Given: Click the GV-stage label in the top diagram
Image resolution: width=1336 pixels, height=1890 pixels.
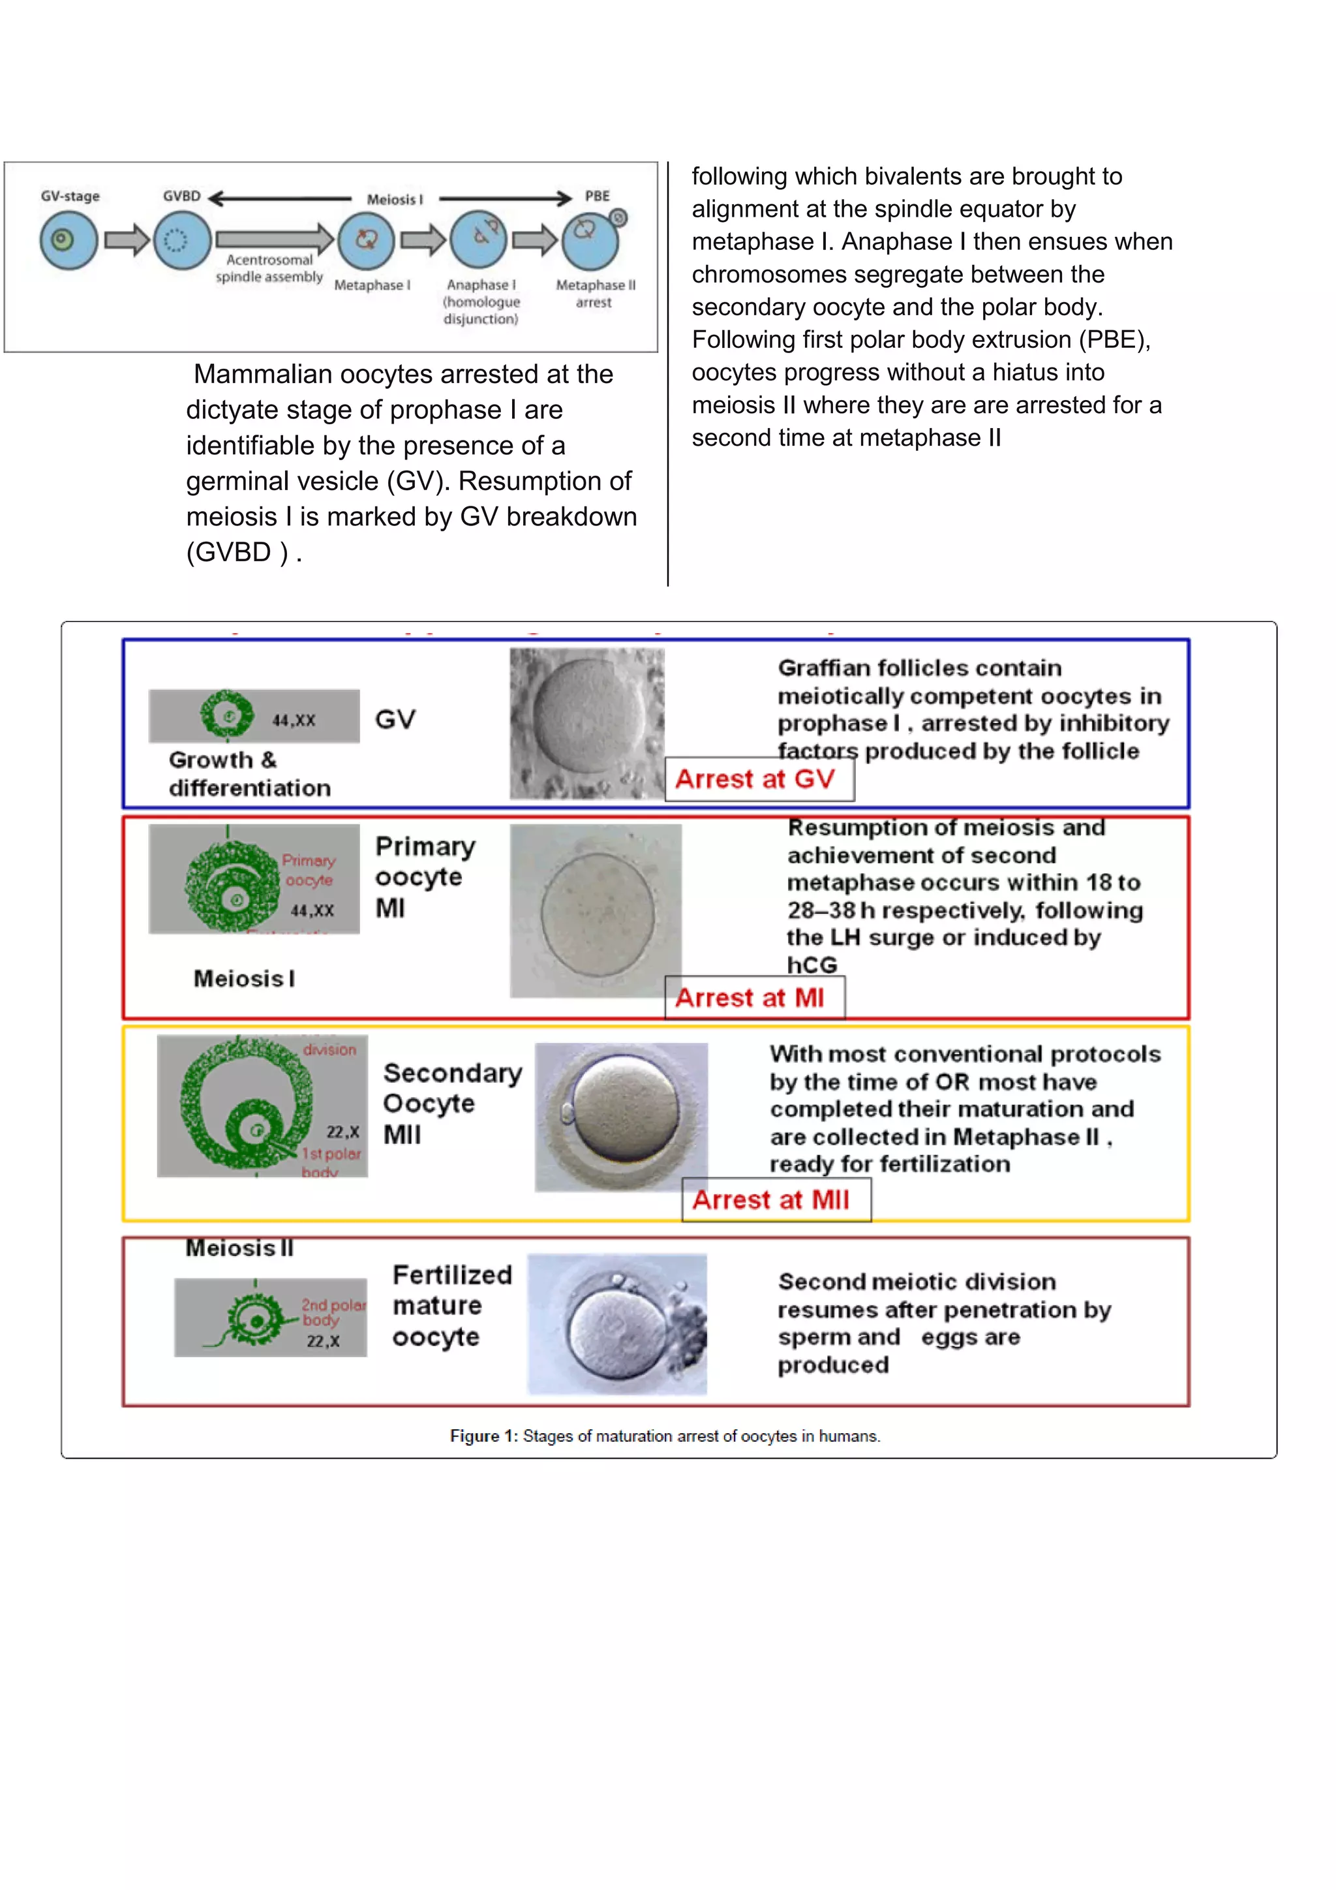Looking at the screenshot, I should tap(70, 196).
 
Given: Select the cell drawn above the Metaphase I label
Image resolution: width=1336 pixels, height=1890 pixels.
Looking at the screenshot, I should tap(366, 240).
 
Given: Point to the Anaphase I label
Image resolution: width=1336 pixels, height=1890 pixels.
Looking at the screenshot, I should tap(481, 285).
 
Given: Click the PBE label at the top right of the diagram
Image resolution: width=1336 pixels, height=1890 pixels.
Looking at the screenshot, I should tap(598, 196).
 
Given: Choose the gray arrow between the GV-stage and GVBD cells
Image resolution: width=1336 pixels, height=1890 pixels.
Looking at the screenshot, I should tap(127, 240).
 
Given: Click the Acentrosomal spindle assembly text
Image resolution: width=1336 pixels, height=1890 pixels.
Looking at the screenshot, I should tap(269, 268).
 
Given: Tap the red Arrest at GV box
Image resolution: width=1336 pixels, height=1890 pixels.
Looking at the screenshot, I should tap(759, 779).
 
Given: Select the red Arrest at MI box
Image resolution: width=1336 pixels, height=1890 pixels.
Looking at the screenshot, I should tap(753, 998).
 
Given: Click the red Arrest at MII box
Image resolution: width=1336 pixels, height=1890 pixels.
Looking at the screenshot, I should tap(775, 1200).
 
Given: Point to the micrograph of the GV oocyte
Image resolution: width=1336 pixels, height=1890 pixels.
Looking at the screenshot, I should tap(586, 722).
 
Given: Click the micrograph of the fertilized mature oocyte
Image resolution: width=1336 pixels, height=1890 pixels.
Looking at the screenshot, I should tap(617, 1324).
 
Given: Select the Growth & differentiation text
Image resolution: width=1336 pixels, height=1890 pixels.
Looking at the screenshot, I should tap(249, 774).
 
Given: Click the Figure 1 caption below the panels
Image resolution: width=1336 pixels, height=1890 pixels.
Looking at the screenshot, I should tap(665, 1436).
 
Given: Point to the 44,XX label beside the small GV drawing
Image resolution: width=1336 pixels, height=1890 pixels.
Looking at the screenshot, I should tap(294, 720).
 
